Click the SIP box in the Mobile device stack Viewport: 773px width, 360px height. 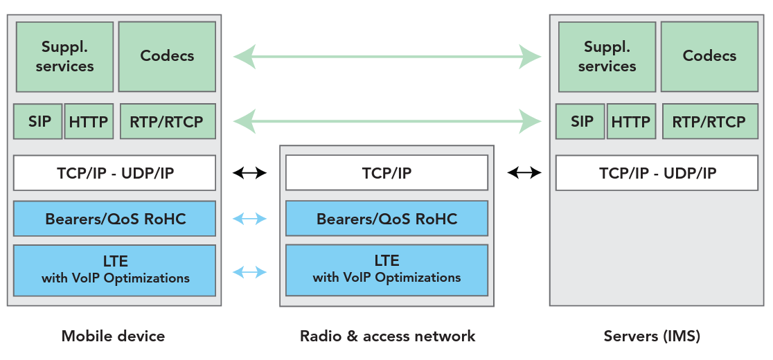[38, 122]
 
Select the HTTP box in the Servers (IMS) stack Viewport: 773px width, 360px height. [630, 122]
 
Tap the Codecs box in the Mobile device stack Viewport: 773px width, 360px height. [167, 56]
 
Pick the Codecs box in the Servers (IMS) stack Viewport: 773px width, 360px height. [709, 56]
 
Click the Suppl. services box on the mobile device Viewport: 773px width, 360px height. [65, 57]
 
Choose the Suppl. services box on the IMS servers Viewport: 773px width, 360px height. [607, 57]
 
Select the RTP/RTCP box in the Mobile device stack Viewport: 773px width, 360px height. [167, 122]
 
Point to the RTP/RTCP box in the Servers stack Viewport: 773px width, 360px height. [709, 122]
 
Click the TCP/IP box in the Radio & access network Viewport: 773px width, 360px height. [386, 173]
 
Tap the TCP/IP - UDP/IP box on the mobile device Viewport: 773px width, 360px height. [115, 173]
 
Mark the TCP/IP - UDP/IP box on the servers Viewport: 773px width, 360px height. [657, 173]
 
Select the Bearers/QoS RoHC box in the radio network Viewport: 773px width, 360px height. [386, 219]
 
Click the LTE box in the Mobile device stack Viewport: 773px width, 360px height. [115, 270]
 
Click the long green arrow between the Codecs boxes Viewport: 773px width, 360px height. [387, 56]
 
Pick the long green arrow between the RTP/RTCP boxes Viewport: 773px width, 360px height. [387, 123]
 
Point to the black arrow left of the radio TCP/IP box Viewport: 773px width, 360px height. [249, 173]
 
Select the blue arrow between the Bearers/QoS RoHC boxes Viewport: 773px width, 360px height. [249, 219]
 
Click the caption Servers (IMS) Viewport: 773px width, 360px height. [652, 336]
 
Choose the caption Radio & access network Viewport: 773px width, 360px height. [387, 336]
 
